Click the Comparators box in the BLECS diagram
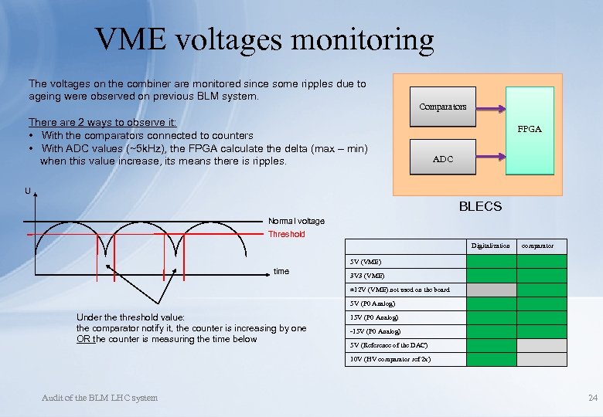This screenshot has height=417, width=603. tap(442, 107)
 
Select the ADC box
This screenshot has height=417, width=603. tap(443, 159)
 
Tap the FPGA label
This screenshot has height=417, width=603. tap(530, 129)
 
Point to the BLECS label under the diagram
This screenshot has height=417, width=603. tap(480, 206)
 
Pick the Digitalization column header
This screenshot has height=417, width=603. tap(491, 246)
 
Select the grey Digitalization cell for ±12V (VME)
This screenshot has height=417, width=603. tap(491, 290)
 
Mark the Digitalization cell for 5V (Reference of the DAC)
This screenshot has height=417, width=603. tap(491, 345)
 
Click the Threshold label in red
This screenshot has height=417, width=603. tap(286, 234)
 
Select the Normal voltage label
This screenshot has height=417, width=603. tap(296, 221)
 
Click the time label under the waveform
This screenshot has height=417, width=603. tap(281, 271)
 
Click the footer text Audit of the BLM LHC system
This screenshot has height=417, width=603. tap(99, 398)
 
